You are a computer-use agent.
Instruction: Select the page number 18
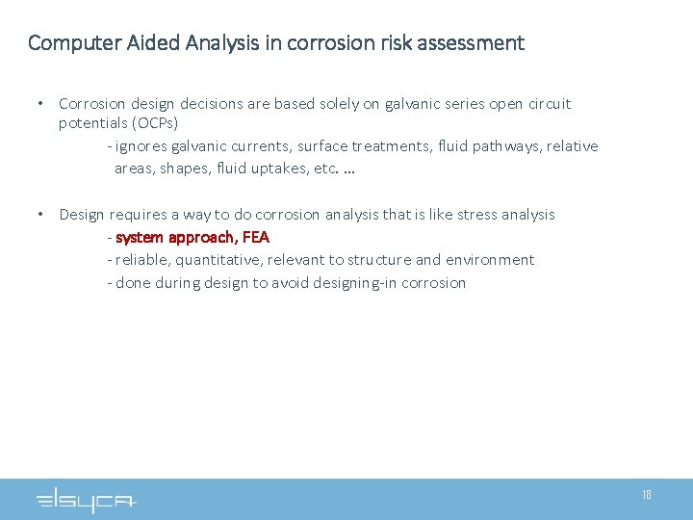647,495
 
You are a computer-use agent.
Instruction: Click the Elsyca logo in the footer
87,500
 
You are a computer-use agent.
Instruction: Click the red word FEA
255,237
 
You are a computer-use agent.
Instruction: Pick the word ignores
141,146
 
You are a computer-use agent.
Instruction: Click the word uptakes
262,169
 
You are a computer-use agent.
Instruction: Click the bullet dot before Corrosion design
39,103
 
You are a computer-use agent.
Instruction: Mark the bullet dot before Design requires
39,214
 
